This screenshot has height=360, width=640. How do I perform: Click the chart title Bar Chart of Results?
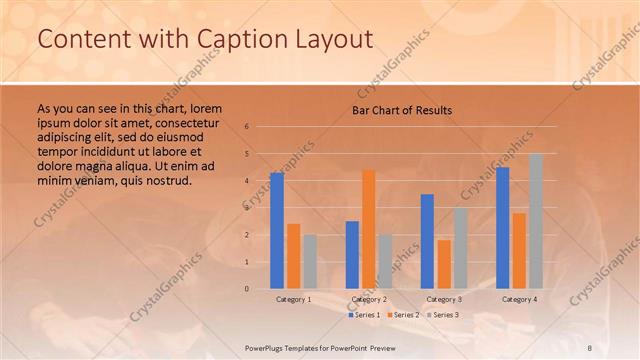pyautogui.click(x=402, y=109)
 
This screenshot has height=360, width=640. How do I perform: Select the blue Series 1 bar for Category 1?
pyautogui.click(x=277, y=230)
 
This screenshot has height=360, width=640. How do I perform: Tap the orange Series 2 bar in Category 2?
pyautogui.click(x=369, y=229)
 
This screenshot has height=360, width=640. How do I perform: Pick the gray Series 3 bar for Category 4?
pyautogui.click(x=535, y=221)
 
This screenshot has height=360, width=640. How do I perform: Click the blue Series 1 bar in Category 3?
pyautogui.click(x=427, y=241)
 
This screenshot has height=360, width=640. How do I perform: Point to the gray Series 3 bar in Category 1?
pyautogui.click(x=310, y=261)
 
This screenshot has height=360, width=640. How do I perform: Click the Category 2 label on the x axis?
pyautogui.click(x=369, y=299)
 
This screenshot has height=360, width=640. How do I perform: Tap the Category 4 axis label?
pyautogui.click(x=519, y=299)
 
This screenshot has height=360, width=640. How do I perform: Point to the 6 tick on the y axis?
pyautogui.click(x=246, y=127)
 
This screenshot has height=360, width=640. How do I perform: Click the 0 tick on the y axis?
pyautogui.click(x=246, y=289)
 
